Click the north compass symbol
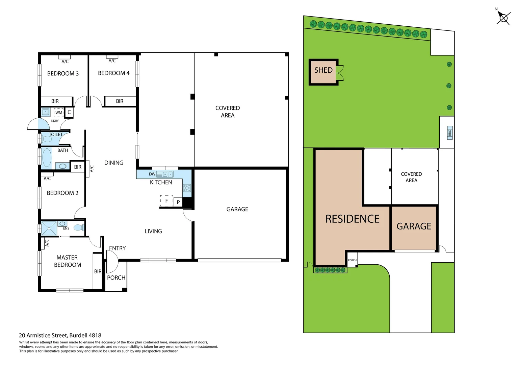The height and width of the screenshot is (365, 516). tap(503, 18)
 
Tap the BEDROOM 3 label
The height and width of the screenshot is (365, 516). tap(63, 74)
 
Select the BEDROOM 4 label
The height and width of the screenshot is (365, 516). tap(113, 73)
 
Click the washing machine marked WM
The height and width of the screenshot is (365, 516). tap(58, 113)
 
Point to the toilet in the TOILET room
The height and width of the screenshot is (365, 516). tap(46, 139)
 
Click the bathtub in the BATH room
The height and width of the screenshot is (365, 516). tap(47, 158)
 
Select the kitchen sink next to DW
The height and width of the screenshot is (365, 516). tap(168, 174)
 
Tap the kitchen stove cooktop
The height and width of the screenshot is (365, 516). tap(187, 188)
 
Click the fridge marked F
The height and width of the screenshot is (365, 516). tap(166, 201)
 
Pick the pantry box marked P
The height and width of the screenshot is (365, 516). tap(178, 202)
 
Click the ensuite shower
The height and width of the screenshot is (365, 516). tap(49, 228)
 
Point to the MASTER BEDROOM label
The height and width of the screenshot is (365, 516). tap(67, 261)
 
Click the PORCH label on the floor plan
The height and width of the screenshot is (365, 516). tap(116, 278)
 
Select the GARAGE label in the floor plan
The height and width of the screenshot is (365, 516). tap(237, 210)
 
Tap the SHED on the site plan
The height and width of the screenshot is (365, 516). tap(323, 71)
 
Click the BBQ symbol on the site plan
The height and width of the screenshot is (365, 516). tap(449, 132)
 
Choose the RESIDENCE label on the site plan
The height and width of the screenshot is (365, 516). tap(352, 219)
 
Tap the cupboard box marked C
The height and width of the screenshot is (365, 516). tap(69, 112)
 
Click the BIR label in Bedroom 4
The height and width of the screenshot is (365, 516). tap(120, 101)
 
